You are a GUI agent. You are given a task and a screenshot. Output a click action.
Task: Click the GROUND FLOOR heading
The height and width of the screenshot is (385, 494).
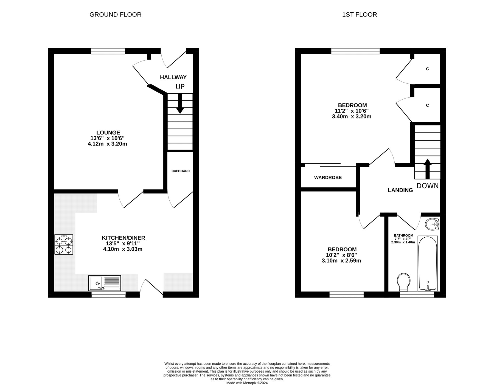click(x=115, y=15)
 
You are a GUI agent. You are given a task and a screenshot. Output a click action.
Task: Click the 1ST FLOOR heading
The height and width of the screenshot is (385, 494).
click(x=360, y=15)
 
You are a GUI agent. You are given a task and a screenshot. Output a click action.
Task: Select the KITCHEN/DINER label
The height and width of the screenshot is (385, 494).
click(x=123, y=238)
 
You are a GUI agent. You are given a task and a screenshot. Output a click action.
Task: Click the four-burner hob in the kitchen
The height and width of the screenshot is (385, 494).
click(x=64, y=245)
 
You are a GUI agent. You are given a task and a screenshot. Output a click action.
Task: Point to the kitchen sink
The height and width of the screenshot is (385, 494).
click(x=105, y=283)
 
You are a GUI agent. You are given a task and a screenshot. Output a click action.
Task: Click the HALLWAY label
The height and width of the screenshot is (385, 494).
click(x=173, y=77)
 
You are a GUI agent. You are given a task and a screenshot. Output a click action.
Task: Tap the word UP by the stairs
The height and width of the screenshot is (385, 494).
click(x=180, y=87)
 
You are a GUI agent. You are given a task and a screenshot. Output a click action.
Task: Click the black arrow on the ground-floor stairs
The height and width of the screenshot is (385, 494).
click(x=180, y=104)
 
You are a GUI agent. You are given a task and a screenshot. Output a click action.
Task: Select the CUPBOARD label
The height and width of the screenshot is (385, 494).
click(x=181, y=171)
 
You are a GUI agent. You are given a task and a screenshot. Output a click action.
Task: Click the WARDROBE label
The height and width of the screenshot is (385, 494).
click(x=328, y=178)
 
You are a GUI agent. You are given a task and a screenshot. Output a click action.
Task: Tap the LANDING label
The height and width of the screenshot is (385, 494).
click(x=400, y=190)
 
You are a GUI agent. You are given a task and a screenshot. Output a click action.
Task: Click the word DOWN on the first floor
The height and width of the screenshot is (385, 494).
click(x=428, y=186)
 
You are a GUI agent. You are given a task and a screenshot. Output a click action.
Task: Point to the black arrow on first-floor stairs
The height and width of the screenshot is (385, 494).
click(x=427, y=169)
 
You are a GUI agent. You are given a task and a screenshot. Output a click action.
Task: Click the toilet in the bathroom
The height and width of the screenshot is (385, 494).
click(x=403, y=282)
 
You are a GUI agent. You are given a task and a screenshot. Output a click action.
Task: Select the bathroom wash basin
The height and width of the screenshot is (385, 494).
click(x=432, y=224)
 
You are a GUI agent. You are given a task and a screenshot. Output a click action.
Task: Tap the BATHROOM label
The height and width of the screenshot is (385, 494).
click(x=403, y=235)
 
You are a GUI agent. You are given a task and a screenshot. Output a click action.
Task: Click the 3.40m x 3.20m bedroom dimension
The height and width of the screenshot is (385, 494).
click(x=352, y=116)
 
